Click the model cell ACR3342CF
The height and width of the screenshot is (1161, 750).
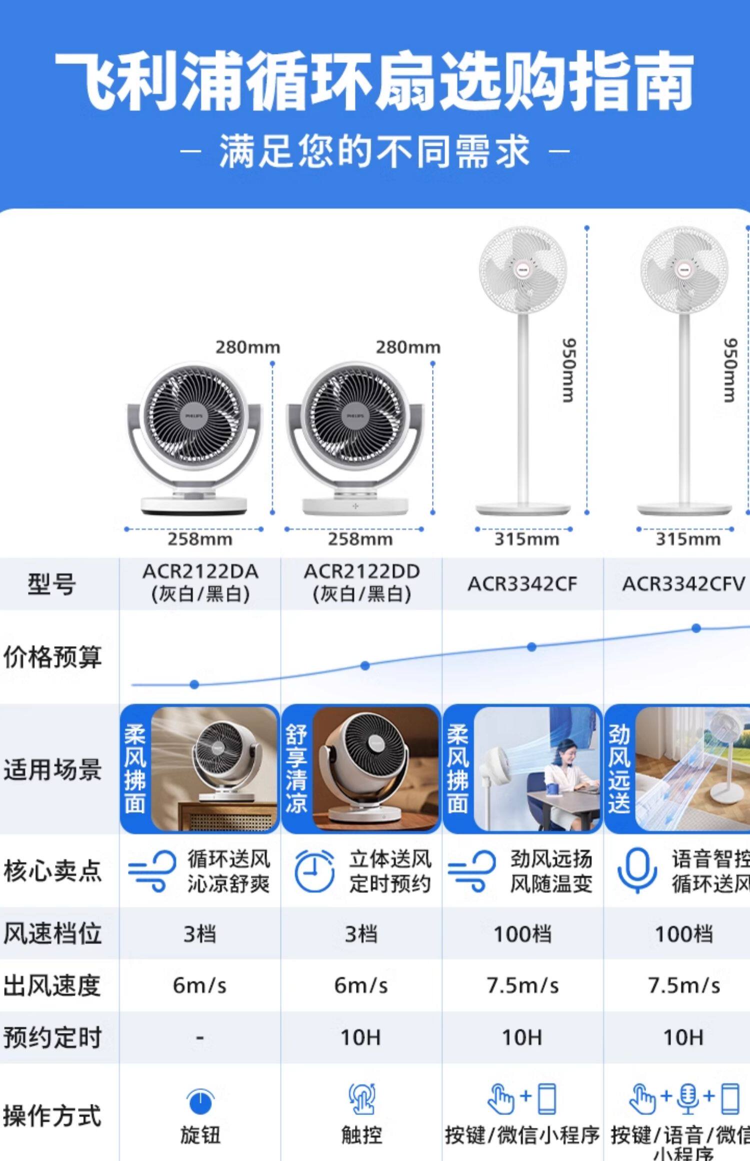[522, 583]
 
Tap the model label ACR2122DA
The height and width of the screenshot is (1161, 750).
[200, 571]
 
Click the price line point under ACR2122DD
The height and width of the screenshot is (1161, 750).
[365, 665]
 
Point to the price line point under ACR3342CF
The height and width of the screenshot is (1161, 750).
[531, 647]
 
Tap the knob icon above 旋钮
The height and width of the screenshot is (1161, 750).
[200, 1099]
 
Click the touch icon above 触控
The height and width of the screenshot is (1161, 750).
[361, 1098]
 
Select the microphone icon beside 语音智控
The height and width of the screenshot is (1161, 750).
[636, 870]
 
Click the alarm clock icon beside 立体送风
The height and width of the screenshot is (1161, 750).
[314, 871]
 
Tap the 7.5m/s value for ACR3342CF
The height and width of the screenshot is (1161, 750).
[522, 985]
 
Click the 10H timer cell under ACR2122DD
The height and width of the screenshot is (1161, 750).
[361, 1037]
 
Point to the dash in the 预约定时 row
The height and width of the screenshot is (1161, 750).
[200, 1038]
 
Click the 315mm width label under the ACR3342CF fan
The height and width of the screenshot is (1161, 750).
[526, 539]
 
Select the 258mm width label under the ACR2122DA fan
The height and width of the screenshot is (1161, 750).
[200, 539]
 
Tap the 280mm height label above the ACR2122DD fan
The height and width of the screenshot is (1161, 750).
[408, 347]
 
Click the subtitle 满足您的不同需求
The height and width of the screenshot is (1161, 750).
[374, 150]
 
